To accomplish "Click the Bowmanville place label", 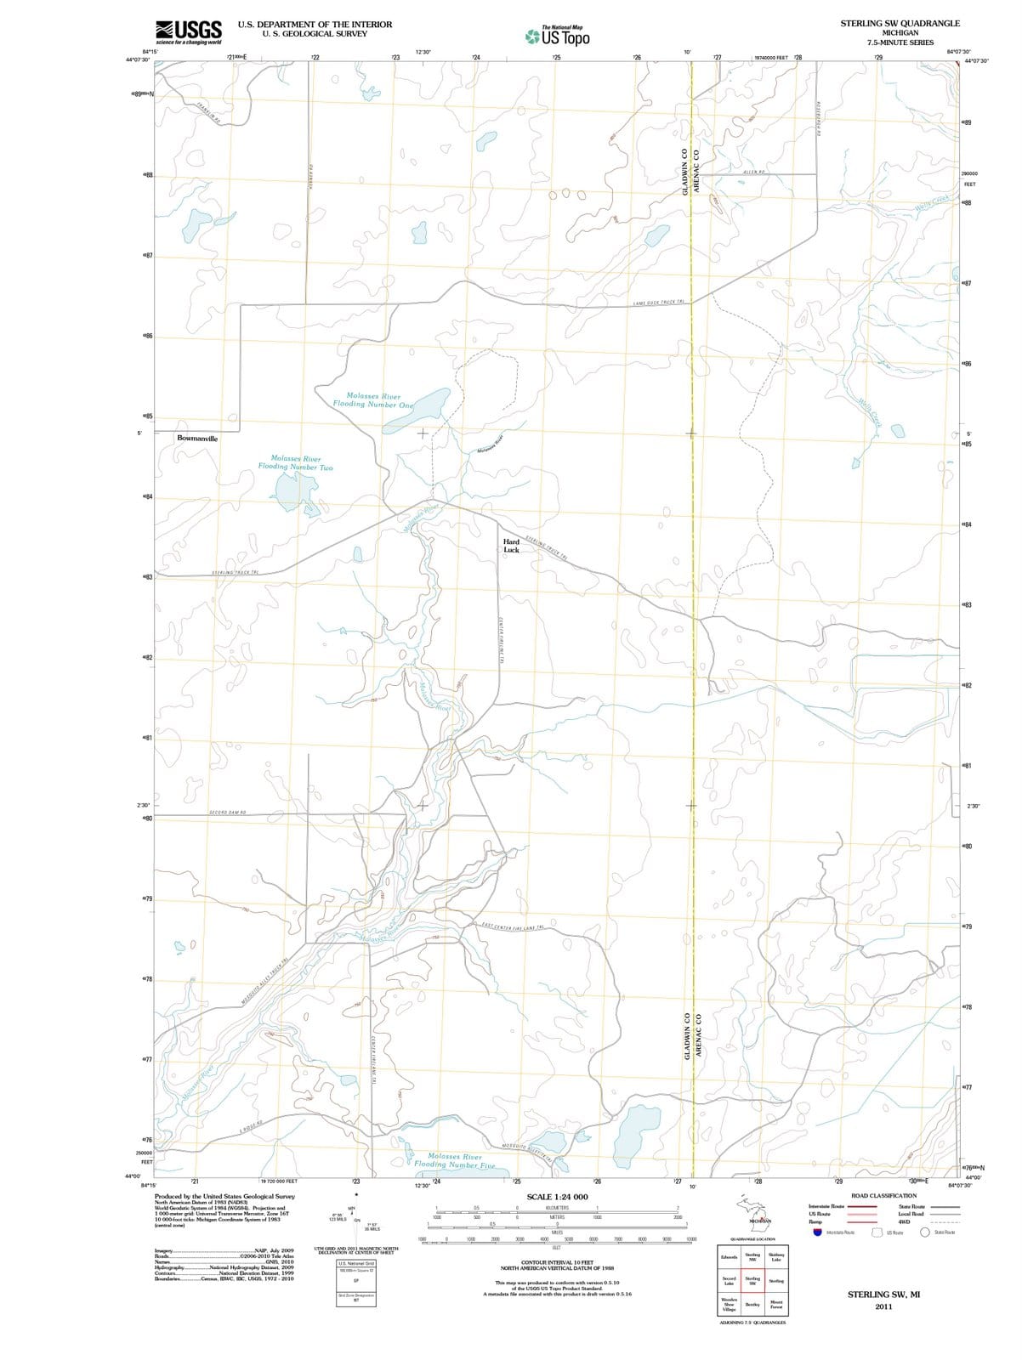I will tap(197, 439).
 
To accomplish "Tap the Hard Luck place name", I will tap(511, 546).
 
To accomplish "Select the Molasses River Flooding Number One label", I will tap(379, 400).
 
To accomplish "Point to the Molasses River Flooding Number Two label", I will tap(295, 462).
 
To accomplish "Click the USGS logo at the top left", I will tap(189, 32).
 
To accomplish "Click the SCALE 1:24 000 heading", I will tap(557, 1197).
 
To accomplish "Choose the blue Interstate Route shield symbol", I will tap(818, 1232).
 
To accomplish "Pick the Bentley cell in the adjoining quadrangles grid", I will tap(752, 1304).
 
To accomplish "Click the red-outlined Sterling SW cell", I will tap(752, 1280).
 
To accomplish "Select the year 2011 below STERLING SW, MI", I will tap(883, 1306).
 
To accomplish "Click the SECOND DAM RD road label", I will tap(228, 813).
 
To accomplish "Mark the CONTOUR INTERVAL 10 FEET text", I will tap(557, 1262).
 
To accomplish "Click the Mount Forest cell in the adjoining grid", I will tap(776, 1304).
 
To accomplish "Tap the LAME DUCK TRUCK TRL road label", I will tap(660, 303).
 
